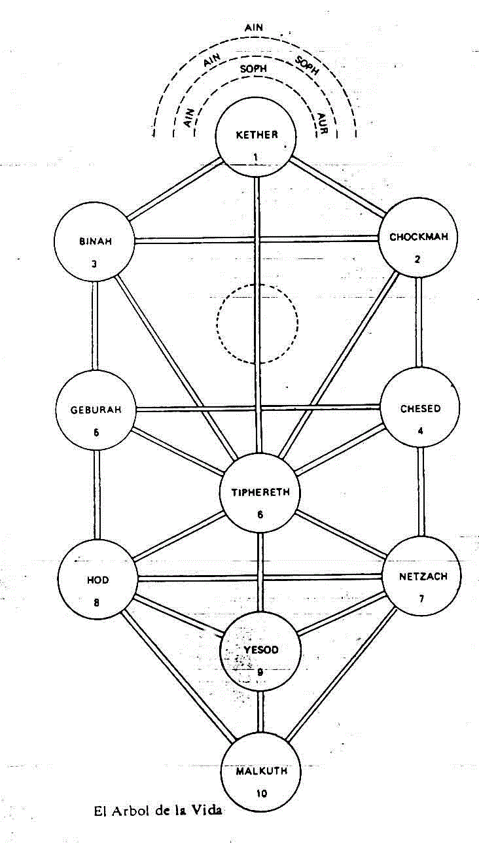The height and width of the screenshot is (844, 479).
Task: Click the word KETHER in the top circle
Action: coord(257,135)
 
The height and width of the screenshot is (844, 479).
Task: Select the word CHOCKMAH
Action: coord(419,237)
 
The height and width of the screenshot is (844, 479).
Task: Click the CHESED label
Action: coord(420,409)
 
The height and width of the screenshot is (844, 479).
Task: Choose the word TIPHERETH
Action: coord(260,492)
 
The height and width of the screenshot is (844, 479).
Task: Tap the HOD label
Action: coord(97,580)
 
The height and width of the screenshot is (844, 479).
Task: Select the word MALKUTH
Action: coord(261,770)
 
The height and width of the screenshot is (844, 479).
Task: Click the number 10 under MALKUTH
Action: coord(261,794)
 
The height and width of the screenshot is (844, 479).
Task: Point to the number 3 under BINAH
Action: coord(94,265)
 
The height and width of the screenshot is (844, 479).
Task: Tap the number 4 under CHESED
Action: coord(419,431)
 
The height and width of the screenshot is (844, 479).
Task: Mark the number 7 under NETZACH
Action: coord(421,599)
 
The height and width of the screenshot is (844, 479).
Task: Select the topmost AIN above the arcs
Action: coord(253,28)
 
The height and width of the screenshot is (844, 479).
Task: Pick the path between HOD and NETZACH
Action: coord(259,578)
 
